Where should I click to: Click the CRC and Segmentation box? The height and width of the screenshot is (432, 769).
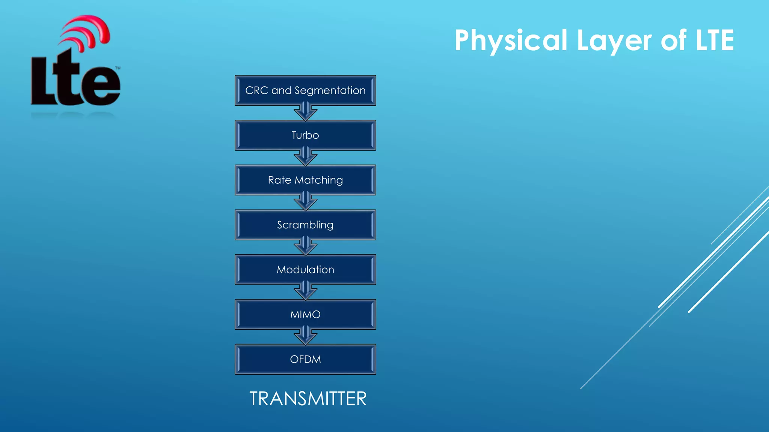[x=305, y=90]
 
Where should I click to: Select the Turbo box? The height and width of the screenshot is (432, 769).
[x=305, y=135]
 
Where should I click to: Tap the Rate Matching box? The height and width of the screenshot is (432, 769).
[x=305, y=180]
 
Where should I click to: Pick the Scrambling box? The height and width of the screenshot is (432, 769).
[x=305, y=225]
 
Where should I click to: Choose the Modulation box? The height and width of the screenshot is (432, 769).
[x=305, y=270]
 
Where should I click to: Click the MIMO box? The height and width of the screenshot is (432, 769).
[x=305, y=315]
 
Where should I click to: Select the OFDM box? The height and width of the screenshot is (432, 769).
[x=305, y=359]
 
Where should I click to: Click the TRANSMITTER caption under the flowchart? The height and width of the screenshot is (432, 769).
[x=308, y=399]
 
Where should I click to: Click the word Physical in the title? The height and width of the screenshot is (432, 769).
[x=511, y=40]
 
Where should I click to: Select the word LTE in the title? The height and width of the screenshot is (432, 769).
[x=715, y=40]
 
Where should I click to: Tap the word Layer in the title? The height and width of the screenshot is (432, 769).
[x=614, y=40]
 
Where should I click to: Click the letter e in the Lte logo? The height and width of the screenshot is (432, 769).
[x=101, y=85]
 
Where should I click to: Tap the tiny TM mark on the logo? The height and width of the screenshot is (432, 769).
[x=118, y=68]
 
